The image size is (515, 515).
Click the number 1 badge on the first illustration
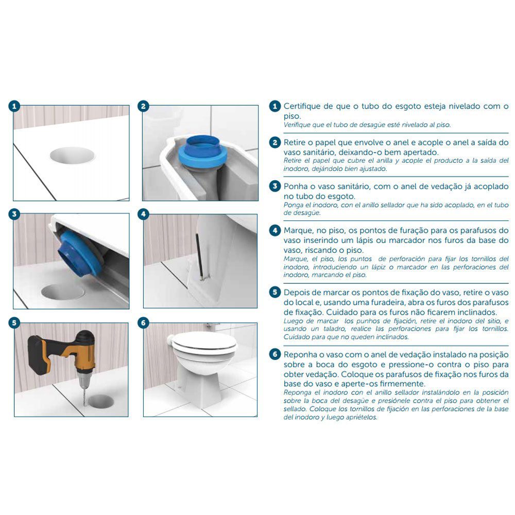[x=14, y=106]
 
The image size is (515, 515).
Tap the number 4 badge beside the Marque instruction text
[x=274, y=230]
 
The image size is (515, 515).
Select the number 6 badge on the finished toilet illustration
[x=143, y=323]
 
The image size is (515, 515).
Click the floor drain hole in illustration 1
[x=72, y=154]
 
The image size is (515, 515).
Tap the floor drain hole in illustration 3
[x=62, y=291]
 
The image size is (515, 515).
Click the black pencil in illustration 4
[x=199, y=256]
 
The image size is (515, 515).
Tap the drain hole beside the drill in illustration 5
[x=102, y=401]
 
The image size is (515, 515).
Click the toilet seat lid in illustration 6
[x=204, y=342]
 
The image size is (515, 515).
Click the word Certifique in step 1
[x=302, y=106]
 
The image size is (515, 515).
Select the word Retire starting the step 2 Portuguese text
[x=294, y=143]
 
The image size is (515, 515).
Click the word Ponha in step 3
[x=295, y=186]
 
